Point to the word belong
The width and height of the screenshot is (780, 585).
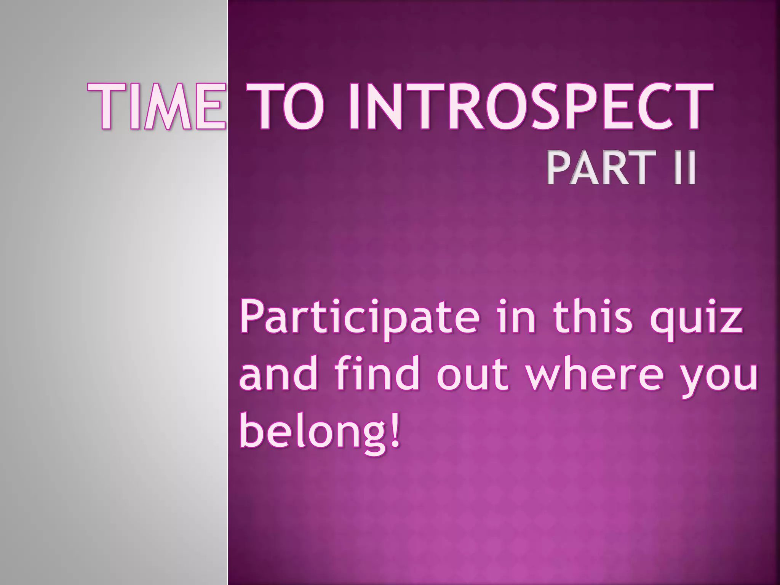pyautogui.click(x=310, y=432)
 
